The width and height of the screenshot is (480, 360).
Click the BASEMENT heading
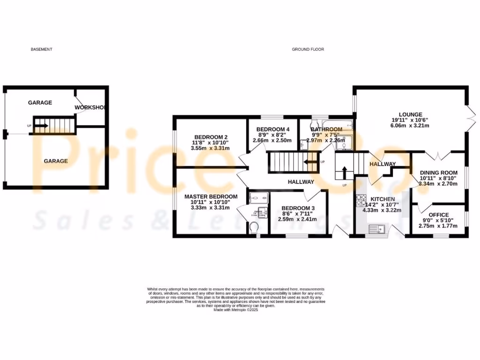click(41, 49)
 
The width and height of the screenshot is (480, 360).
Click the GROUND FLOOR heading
click(308, 49)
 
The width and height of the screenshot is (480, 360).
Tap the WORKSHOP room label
click(91, 107)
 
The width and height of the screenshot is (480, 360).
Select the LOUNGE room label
click(411, 114)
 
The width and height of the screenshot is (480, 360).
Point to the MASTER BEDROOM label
click(210, 196)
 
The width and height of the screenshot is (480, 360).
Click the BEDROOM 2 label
click(210, 137)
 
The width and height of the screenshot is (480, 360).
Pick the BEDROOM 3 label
click(295, 208)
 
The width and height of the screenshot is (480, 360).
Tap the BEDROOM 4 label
click(273, 129)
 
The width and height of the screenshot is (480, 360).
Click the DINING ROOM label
click(438, 172)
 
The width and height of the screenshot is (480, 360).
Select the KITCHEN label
click(383, 199)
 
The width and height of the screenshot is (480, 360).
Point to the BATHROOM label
click(327, 129)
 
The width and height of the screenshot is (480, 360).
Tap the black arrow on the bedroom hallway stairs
click(309, 162)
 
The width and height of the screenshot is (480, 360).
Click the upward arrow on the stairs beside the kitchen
click(345, 172)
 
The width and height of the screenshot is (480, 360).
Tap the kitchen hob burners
click(361, 200)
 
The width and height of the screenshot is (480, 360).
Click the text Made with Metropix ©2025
click(236, 310)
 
